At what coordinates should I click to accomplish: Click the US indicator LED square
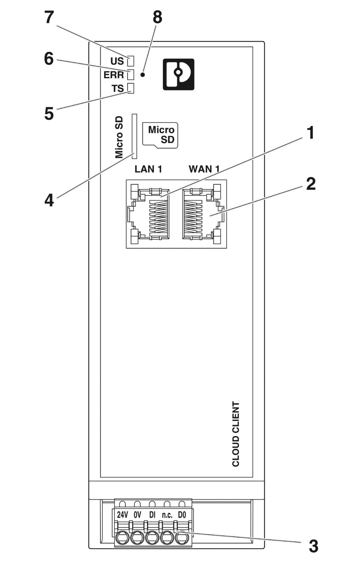pyautogui.click(x=131, y=61)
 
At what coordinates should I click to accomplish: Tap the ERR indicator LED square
pyautogui.click(x=131, y=75)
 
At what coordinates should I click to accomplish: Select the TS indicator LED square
pyautogui.click(x=131, y=88)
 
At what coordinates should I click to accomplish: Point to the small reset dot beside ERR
pyautogui.click(x=143, y=75)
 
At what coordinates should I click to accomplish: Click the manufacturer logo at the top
pyautogui.click(x=178, y=74)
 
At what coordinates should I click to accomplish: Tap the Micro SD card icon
pyautogui.click(x=160, y=135)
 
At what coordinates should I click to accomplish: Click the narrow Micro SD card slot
pyautogui.click(x=135, y=136)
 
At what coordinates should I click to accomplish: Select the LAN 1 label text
pyautogui.click(x=148, y=169)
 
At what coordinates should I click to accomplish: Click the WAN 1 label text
pyautogui.click(x=204, y=169)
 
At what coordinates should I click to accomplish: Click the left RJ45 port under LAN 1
pyautogui.click(x=148, y=214)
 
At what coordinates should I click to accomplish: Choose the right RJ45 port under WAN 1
pyautogui.click(x=203, y=214)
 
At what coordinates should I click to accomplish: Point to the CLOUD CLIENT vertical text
pyautogui.click(x=235, y=434)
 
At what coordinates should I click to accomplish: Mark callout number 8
pyautogui.click(x=157, y=17)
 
